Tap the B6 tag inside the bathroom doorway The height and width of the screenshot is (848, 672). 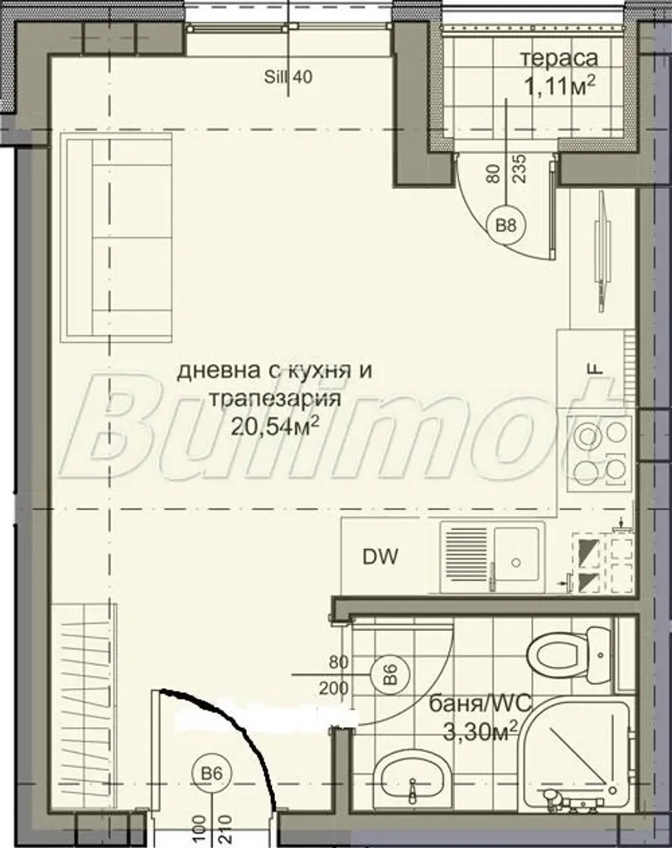pos(390,675)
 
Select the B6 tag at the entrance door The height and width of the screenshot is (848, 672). pos(211,773)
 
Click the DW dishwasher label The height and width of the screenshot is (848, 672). pos(380,556)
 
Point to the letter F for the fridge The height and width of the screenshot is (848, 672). pos(595,369)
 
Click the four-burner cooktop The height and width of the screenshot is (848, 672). pos(600,454)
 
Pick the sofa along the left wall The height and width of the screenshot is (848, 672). pos(116,238)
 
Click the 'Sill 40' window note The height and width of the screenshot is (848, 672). pos(288,77)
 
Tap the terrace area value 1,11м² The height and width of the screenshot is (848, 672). pos(559,86)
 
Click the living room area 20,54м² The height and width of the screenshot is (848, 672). pos(273,426)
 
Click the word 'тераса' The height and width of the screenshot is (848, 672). pos(559,59)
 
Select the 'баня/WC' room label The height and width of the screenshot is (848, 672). pos(480,704)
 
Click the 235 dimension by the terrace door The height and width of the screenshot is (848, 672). pos(520,169)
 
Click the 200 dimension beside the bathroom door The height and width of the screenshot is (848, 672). pos(334,689)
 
